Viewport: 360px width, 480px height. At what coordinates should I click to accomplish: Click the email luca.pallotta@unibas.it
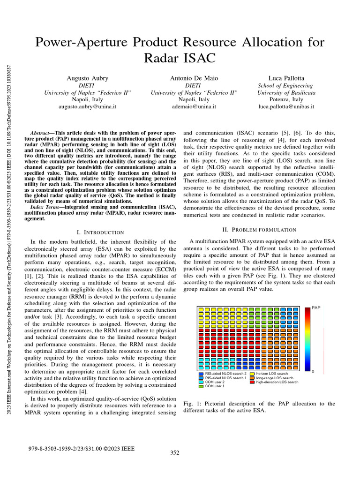tap(286, 107)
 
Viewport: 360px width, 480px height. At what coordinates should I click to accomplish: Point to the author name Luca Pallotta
tap(286, 78)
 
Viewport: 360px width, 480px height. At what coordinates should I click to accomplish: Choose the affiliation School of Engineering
tap(286, 85)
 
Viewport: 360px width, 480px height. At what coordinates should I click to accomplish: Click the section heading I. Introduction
tap(100, 232)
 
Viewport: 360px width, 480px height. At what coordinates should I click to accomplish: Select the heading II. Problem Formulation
tap(259, 229)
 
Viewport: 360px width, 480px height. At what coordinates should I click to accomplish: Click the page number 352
tap(174, 452)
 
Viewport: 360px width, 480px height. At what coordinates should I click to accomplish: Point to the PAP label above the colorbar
tap(316, 308)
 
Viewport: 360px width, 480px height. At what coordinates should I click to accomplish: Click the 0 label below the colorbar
tap(313, 371)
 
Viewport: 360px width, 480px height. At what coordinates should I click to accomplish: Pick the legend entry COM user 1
tap(215, 386)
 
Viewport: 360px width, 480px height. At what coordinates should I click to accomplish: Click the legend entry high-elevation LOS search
tap(277, 382)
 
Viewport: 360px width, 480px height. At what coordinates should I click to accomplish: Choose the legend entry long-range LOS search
tap(275, 378)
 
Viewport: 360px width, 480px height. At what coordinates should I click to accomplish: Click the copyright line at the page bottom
tap(81, 449)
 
